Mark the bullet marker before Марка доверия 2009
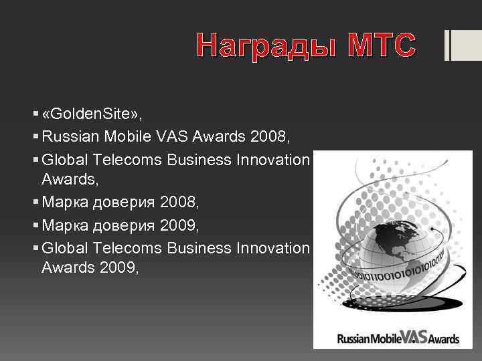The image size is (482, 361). click(34, 225)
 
